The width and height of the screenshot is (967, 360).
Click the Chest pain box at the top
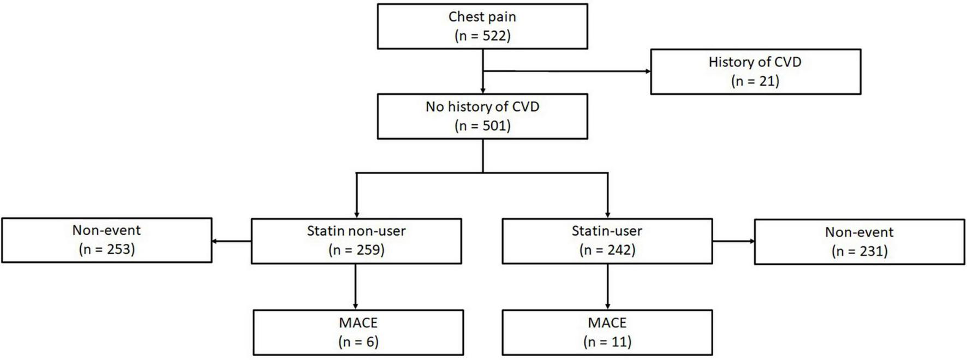point(482,26)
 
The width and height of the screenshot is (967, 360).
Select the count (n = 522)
point(482,36)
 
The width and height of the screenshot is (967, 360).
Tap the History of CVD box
point(755,71)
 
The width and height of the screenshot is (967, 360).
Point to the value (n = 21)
point(755,81)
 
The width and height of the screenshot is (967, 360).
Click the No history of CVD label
point(482,107)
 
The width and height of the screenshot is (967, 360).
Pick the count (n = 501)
point(482,126)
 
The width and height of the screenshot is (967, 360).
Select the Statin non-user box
point(356,241)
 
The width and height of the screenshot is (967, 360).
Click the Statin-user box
point(607,241)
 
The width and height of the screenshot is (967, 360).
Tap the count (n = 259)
point(356,250)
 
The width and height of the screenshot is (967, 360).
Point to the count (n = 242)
point(607,250)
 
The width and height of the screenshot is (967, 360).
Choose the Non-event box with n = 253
point(106,240)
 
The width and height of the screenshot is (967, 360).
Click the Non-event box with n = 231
point(859,242)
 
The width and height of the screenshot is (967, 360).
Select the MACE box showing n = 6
point(358,332)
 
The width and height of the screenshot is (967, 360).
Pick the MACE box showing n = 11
point(607,332)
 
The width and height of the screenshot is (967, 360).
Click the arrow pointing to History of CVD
point(568,71)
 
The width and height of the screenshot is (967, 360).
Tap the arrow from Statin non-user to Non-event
point(232,241)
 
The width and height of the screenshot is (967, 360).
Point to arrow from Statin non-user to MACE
point(356,287)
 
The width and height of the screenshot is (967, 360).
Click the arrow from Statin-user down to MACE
point(607,287)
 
